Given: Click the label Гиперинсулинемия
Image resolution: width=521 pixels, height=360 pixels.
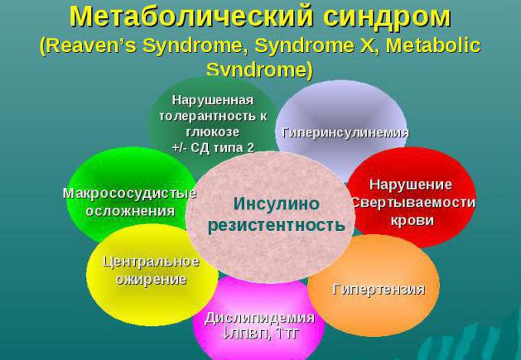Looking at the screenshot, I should click(345, 132).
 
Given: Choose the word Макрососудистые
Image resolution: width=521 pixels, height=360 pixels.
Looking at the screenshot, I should click(130, 193).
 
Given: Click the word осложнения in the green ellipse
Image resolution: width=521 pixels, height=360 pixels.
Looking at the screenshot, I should click(130, 210).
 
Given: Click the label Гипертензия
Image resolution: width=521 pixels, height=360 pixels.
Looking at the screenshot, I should click(379, 289).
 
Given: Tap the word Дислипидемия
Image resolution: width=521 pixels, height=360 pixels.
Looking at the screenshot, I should click(259, 318).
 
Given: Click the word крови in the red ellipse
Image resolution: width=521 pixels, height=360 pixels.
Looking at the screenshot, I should click(412, 220).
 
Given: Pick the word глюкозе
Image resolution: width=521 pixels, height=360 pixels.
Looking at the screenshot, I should click(212, 132).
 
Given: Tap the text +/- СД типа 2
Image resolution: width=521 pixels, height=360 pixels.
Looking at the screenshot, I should click(212, 147).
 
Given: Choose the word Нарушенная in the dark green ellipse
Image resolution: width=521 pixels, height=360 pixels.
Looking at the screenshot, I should click(212, 99).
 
